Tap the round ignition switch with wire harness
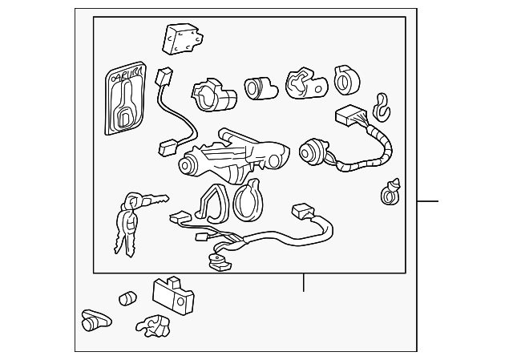312,150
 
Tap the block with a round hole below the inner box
172,296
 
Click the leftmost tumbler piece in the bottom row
95,320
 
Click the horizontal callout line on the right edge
429,200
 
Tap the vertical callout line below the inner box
304,283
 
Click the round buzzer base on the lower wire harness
215,258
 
